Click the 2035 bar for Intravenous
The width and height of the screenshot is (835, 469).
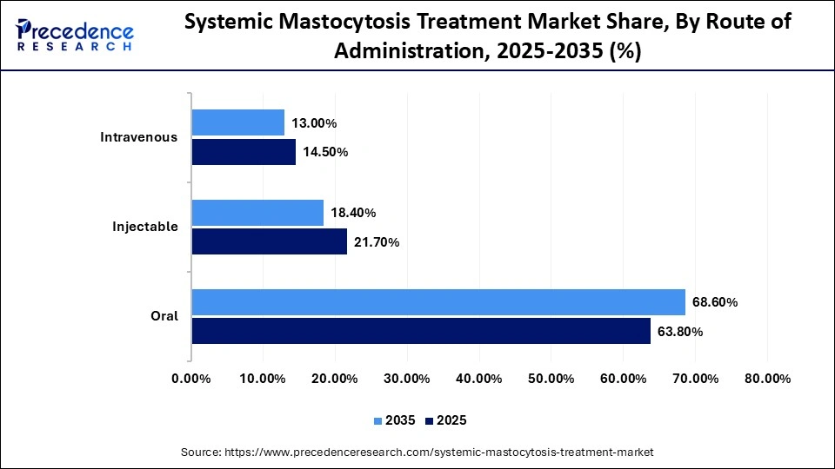coord(237,122)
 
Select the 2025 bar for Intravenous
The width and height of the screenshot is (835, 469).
coord(244,152)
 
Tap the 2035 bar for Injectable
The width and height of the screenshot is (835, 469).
coord(257,213)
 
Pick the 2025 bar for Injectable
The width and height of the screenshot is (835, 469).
coord(269,241)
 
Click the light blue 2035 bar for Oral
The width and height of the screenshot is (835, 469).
coord(438,302)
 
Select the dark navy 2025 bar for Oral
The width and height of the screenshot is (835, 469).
coord(421,331)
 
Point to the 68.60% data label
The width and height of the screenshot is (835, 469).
coord(715,302)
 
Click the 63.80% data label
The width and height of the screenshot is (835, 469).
coord(679,331)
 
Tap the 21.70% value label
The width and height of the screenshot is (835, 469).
coord(376,242)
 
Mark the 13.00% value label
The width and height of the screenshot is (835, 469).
coord(314,123)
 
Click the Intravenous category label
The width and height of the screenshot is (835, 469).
coord(139,137)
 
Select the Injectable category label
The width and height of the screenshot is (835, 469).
coord(145,227)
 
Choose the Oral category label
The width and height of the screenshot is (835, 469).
coord(164,316)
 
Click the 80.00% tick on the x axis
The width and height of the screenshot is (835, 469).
coord(766,379)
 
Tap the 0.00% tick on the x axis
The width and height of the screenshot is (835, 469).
coord(191,379)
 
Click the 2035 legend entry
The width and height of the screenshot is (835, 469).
coord(393,420)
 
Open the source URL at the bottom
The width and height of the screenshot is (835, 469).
coord(417,452)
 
